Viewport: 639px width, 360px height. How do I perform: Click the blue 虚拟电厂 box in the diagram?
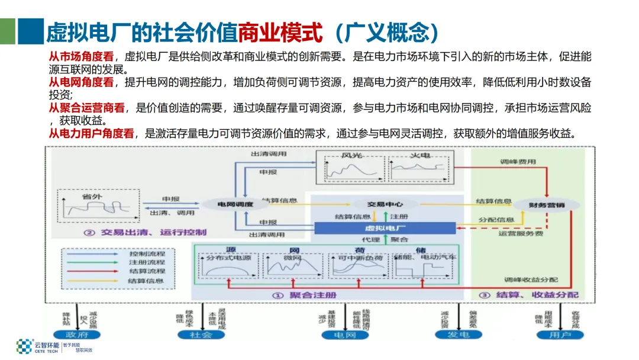coord(385,228)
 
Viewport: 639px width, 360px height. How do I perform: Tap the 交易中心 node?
coord(385,204)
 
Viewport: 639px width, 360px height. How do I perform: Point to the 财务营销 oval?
coord(546,204)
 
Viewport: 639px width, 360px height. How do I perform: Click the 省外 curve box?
coord(98,206)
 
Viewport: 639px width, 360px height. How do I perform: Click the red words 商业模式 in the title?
coord(280,32)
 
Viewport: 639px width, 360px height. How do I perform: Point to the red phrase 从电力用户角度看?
coord(91,133)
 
